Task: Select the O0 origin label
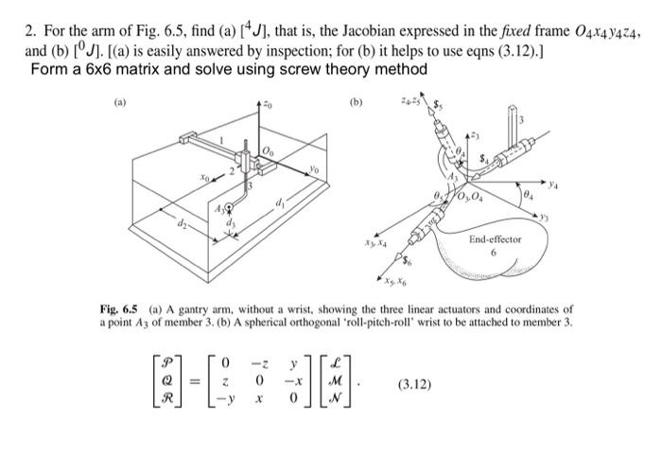[x=269, y=151]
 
